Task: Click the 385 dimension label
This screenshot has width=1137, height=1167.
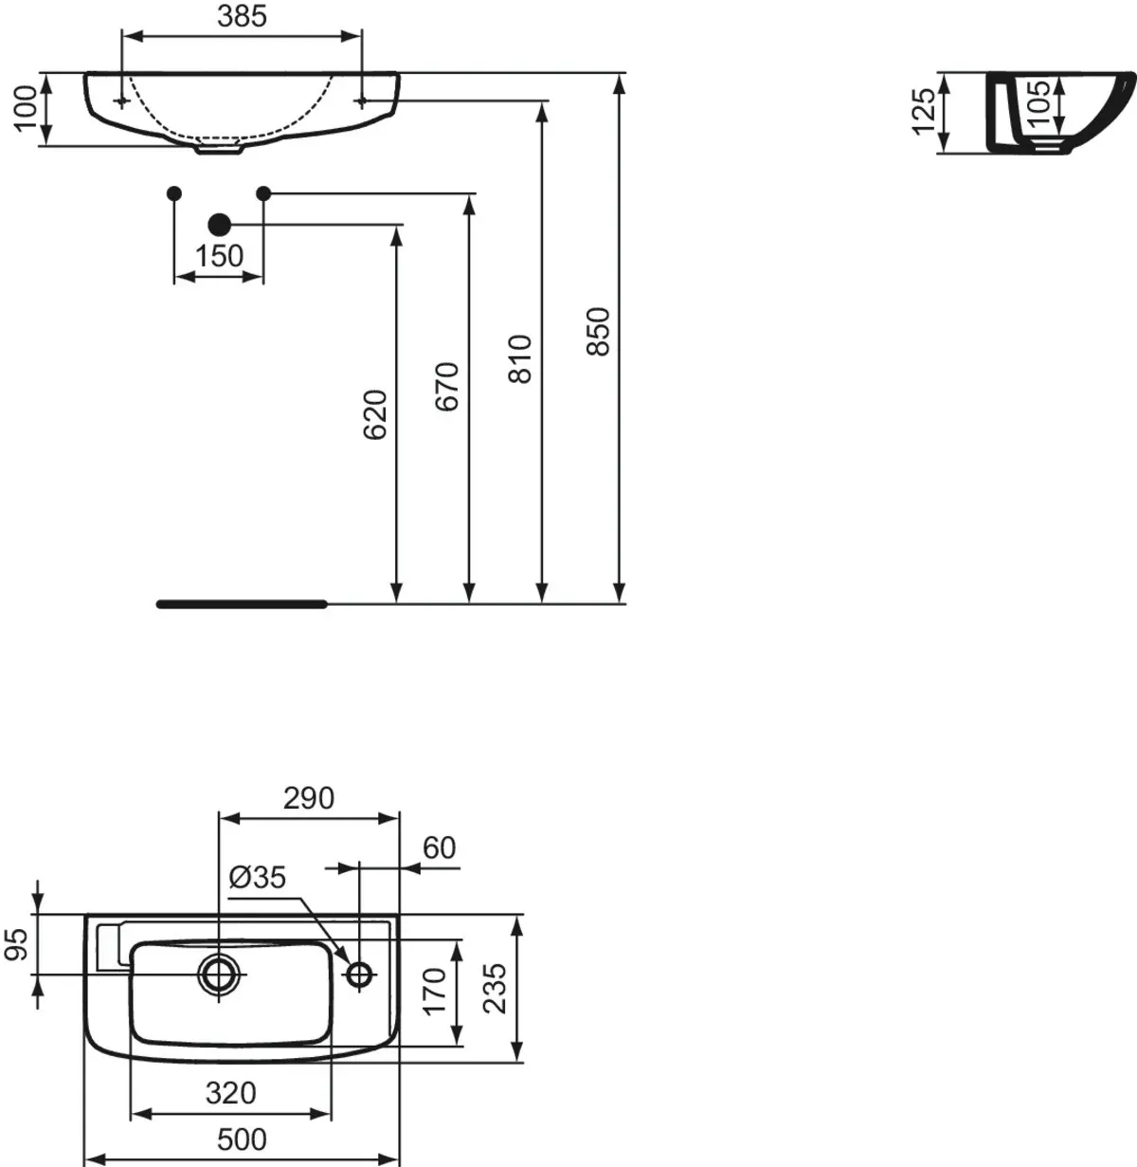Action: [x=243, y=17]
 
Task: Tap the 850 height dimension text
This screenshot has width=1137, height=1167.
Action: [x=598, y=332]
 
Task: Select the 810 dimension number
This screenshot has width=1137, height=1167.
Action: [x=519, y=359]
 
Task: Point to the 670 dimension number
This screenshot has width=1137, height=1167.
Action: [x=447, y=387]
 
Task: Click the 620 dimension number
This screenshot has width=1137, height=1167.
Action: [x=376, y=415]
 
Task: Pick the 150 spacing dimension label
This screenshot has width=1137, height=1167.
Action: [x=220, y=256]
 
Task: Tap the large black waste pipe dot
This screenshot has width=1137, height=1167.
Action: [x=220, y=225]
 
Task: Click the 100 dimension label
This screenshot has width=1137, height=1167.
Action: [x=26, y=108]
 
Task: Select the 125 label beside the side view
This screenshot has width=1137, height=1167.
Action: [x=923, y=112]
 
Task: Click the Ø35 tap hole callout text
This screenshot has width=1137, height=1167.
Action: [x=258, y=877]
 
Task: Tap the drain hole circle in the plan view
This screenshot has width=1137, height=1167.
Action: [x=220, y=975]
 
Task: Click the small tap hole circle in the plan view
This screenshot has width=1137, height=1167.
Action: [x=360, y=975]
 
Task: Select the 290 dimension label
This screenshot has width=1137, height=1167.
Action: [x=309, y=798]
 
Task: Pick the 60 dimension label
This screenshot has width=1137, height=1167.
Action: [x=440, y=848]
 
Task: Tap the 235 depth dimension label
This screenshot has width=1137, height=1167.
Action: [x=496, y=989]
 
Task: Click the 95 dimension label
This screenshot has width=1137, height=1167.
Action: [x=17, y=945]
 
